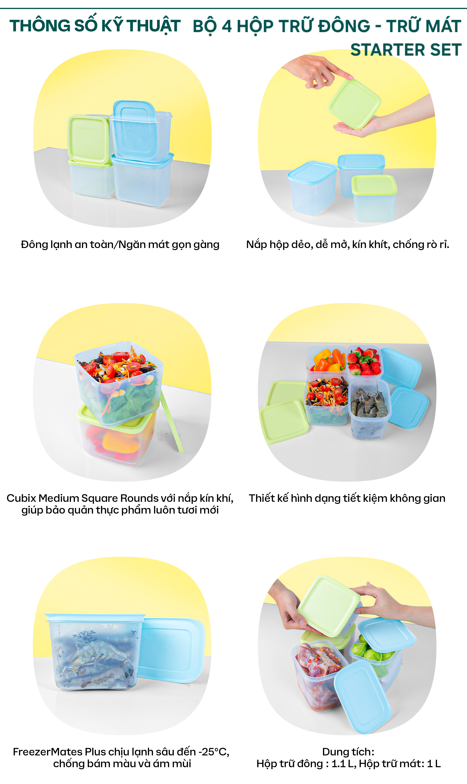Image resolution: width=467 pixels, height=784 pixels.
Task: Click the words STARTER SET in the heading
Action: click(x=406, y=50)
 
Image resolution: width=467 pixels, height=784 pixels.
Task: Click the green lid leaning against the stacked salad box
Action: click(x=172, y=422)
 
